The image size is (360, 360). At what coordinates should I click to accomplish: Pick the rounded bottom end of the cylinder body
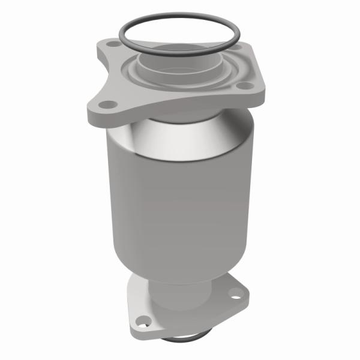(x=180, y=264)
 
